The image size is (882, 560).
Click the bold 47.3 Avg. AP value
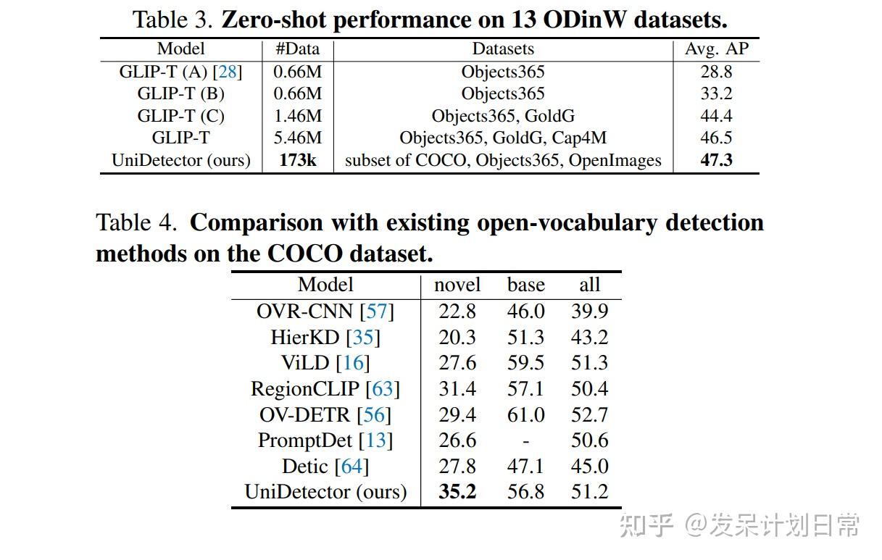point(716,160)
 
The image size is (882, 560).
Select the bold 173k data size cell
point(298,160)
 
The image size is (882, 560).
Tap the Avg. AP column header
point(716,49)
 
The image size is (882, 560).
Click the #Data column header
point(297,49)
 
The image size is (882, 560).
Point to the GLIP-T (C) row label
point(180,116)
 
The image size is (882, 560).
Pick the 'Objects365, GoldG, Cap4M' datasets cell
point(503,138)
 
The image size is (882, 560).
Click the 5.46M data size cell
point(297,138)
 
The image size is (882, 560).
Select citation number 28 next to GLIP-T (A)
point(228,72)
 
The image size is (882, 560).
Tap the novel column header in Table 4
point(457,285)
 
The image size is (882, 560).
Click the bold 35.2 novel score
point(457,492)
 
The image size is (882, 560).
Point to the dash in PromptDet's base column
point(525,440)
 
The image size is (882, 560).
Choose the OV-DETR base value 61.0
point(525,414)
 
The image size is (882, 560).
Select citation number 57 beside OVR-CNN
point(377,312)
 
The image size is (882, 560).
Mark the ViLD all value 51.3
point(589,363)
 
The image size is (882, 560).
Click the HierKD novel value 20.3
point(457,337)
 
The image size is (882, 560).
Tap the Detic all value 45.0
point(589,467)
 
